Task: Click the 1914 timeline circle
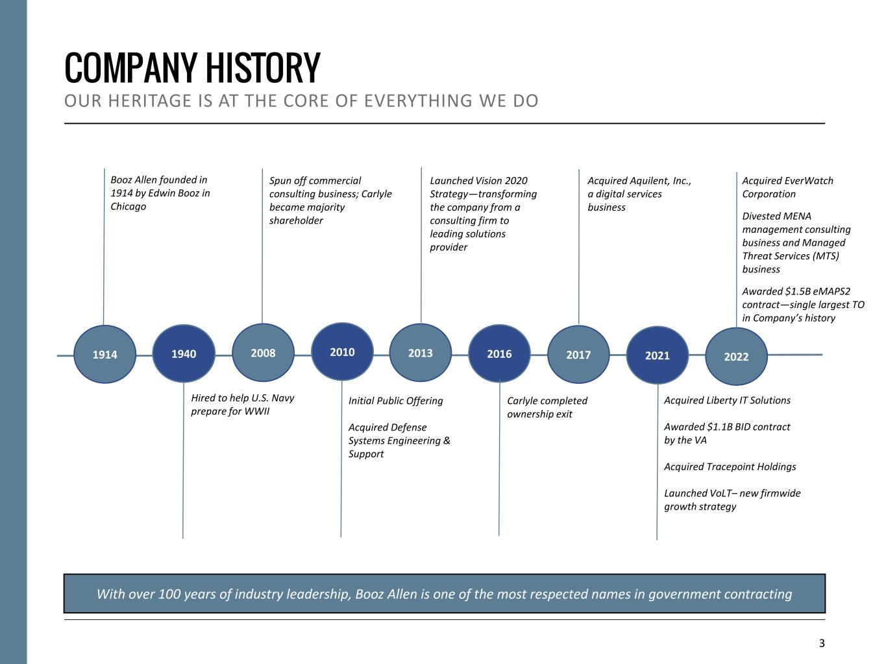105,355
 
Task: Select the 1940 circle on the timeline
184,353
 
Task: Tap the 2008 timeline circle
263,353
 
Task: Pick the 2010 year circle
342,352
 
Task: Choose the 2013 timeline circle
421,353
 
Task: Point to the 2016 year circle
499,353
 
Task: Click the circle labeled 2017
578,355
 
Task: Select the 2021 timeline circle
657,355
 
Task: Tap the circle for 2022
736,357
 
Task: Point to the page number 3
822,643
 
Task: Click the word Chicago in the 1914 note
129,206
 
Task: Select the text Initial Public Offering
395,401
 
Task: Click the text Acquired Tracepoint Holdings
730,467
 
